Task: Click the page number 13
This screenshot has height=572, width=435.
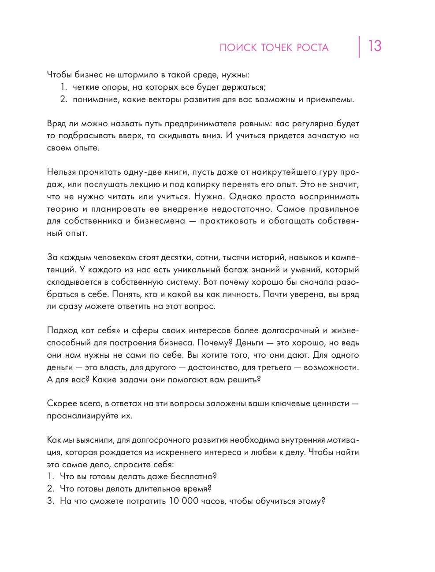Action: [x=375, y=46]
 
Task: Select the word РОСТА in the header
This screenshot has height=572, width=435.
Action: [x=312, y=48]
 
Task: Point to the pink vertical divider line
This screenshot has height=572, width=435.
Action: [x=359, y=47]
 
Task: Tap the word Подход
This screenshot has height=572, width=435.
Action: [x=62, y=330]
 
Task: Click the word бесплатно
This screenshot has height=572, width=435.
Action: [x=193, y=477]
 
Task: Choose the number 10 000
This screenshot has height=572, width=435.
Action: [x=183, y=501]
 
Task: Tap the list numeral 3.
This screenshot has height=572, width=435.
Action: [x=50, y=501]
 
